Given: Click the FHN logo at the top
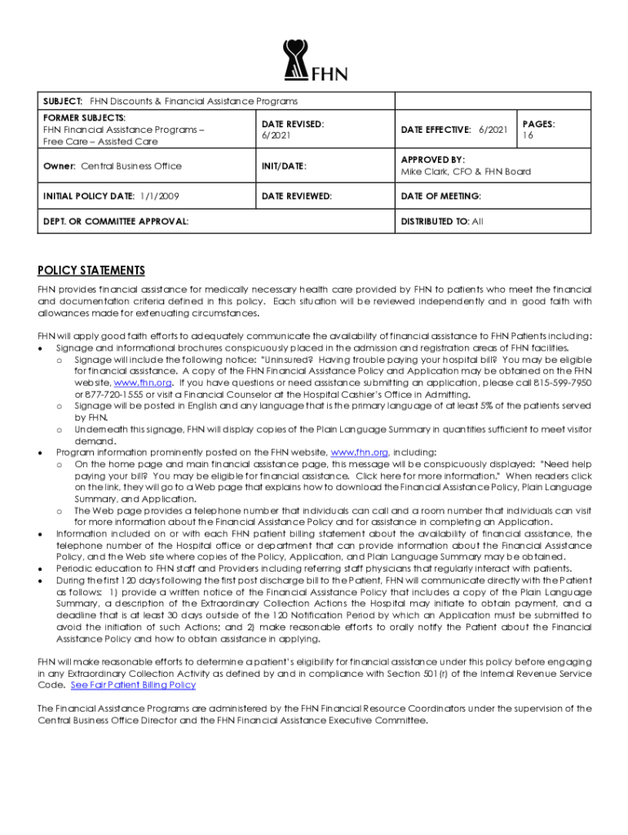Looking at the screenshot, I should [315, 61].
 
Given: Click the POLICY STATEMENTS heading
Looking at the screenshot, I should [91, 271].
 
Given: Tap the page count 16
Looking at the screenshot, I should [528, 136].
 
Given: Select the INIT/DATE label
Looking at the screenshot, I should [284, 166].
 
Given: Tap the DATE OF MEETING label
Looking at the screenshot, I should [440, 196].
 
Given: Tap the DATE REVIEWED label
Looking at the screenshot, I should [297, 196].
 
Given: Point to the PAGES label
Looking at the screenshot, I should [538, 124].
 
